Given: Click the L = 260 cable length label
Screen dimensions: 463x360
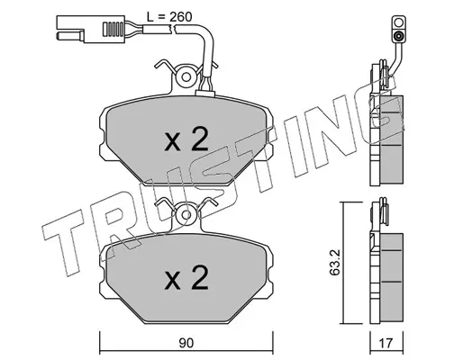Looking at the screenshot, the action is [x=169, y=17].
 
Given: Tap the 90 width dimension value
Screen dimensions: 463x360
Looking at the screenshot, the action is [x=186, y=343].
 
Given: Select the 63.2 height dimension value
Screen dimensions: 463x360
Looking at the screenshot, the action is [x=333, y=262].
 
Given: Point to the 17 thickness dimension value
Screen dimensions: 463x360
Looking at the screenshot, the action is [x=386, y=343].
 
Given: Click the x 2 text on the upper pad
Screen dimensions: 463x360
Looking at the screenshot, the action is [x=186, y=139].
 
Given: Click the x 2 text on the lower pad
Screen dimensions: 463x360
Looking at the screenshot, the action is [x=186, y=277].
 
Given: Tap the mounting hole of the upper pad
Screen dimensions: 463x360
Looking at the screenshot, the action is [x=186, y=77].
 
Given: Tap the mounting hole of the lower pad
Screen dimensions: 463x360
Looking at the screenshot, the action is [x=186, y=215].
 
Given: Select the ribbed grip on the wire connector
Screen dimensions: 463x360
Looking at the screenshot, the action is [x=113, y=29].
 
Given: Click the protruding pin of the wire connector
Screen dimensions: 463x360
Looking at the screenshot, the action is [x=69, y=36].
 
